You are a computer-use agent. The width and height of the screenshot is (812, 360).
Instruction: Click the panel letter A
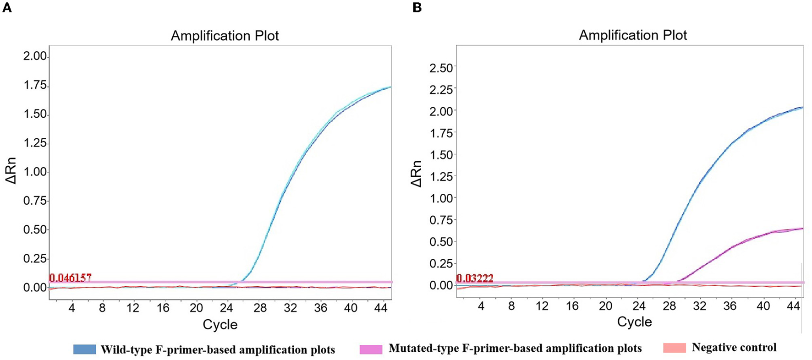click(7, 8)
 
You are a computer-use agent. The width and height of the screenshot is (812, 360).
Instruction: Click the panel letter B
click(417, 8)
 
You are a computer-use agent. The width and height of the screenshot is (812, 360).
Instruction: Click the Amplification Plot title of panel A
click(225, 36)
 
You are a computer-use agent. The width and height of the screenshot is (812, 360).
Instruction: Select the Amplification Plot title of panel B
click(633, 35)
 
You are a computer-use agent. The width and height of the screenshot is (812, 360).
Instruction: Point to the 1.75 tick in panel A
click(35, 85)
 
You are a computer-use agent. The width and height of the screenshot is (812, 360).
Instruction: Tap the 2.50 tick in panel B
click(440, 68)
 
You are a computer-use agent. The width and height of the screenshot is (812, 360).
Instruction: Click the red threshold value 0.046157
click(70, 278)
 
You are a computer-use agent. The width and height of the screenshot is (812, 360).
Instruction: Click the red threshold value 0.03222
click(475, 278)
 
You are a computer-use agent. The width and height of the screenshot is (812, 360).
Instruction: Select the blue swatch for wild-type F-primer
click(85, 349)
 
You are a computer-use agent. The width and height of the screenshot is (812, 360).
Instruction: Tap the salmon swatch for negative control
click(675, 348)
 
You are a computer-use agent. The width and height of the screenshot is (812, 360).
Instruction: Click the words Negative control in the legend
click(734, 348)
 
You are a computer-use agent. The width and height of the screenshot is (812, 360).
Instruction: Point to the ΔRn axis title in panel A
click(11, 171)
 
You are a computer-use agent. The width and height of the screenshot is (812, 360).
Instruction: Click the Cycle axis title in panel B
click(634, 322)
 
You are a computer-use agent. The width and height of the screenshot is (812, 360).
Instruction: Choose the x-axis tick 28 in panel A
click(260, 308)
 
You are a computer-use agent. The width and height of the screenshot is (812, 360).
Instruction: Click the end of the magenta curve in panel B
click(802, 228)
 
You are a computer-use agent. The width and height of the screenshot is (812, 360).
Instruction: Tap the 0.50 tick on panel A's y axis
click(35, 229)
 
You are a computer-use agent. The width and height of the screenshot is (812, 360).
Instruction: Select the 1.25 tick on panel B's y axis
click(440, 176)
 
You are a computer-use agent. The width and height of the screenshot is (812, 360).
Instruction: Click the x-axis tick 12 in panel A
click(132, 308)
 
